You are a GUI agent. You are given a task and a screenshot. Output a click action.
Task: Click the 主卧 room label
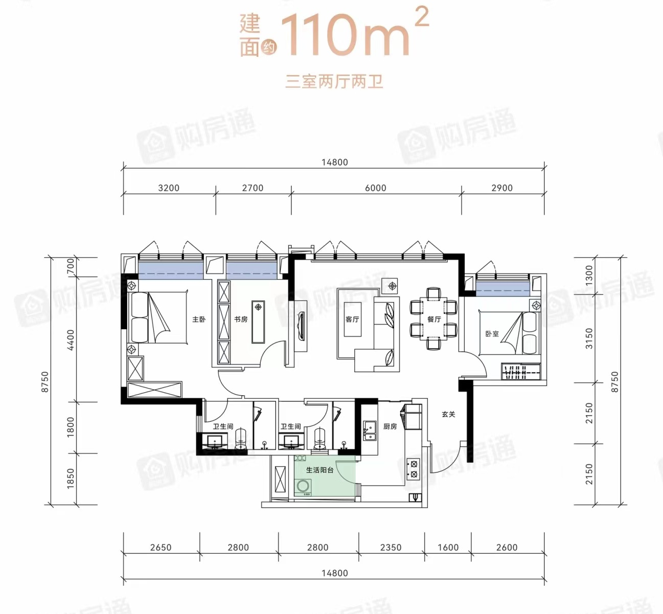click(199, 320)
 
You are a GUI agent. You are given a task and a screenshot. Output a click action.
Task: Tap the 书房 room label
click(240, 320)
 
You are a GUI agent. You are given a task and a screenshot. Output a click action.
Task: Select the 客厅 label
click(352, 320)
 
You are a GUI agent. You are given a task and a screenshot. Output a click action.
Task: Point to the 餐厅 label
click(434, 320)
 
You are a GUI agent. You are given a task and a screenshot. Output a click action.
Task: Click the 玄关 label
click(448, 414)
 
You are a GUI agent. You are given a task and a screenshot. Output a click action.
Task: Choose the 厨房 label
click(390, 426)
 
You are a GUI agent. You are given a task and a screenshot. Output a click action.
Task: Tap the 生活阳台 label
click(320, 470)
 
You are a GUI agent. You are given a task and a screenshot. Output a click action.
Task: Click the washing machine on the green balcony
click(303, 486)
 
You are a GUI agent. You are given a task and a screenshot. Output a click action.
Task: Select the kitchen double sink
click(370, 431)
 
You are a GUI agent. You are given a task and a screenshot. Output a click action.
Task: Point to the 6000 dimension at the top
click(376, 188)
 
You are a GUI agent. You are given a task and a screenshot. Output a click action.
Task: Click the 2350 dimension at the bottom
click(391, 548)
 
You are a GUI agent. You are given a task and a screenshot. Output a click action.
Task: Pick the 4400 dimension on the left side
click(71, 339)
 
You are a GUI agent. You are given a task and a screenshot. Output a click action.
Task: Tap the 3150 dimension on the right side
click(589, 338)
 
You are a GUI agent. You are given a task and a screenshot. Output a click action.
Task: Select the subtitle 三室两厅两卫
click(334, 82)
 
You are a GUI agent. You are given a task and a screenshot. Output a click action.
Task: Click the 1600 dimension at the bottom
click(448, 548)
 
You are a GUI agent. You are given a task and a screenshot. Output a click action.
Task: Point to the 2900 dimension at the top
click(502, 188)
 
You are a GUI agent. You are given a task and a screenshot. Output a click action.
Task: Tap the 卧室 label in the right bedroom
click(492, 334)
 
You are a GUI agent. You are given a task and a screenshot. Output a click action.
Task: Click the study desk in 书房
click(258, 322)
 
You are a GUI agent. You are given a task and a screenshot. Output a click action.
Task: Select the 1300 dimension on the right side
click(589, 275)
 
